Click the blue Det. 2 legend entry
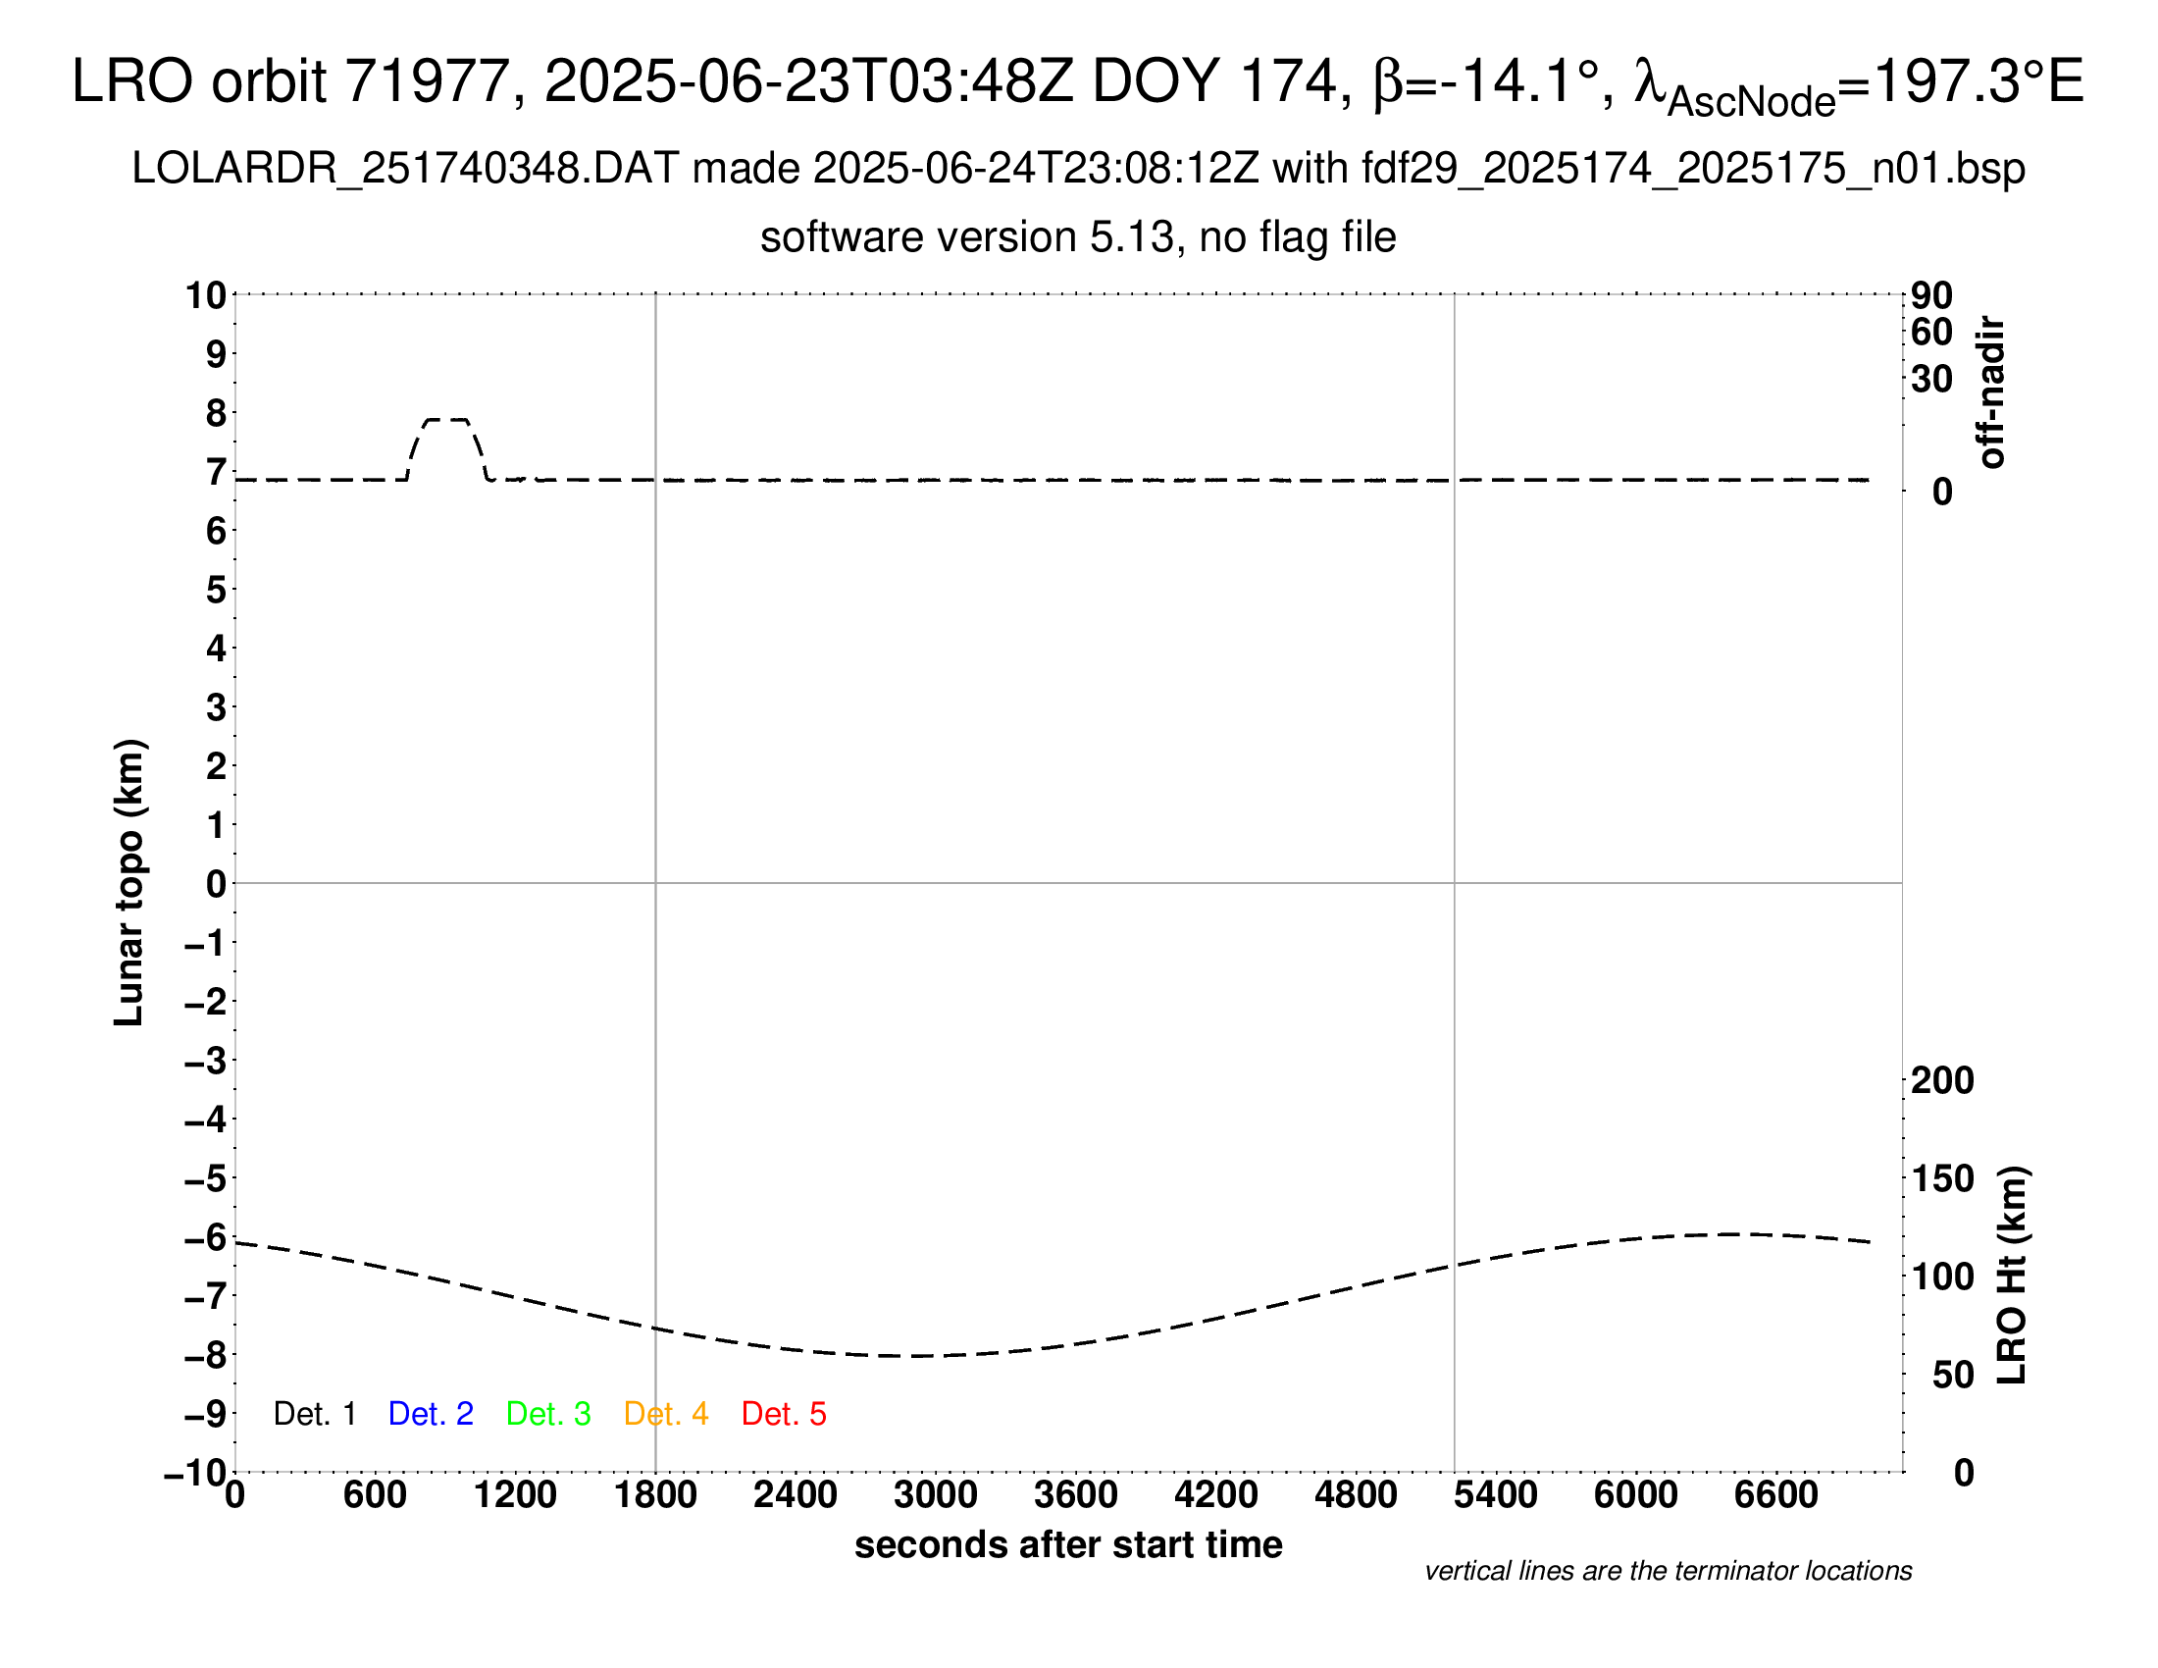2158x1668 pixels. tap(431, 1414)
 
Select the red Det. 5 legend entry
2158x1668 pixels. tap(784, 1414)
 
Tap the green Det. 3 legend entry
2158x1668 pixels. tap(548, 1414)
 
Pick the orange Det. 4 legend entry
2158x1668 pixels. tap(666, 1414)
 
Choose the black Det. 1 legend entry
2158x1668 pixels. tap(314, 1414)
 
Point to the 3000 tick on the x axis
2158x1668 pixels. tap(936, 1494)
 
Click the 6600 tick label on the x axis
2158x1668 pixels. tap(1775, 1494)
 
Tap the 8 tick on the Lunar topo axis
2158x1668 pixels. tap(216, 413)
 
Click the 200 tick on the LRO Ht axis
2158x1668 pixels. tap(1941, 1080)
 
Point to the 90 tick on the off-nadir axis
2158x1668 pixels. tap(1931, 295)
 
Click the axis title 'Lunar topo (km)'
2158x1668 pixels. tap(129, 882)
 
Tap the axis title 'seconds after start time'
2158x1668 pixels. tap(1068, 1544)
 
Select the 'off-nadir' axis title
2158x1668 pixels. tap(1991, 392)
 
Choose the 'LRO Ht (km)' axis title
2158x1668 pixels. tap(2011, 1276)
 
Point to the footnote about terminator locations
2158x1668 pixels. tap(1668, 1571)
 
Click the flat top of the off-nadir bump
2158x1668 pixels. tap(446, 420)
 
